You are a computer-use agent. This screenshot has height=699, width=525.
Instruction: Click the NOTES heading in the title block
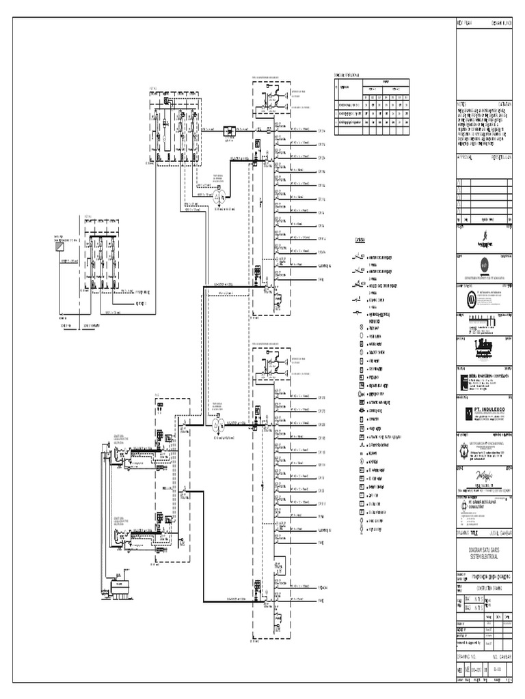pyautogui.click(x=463, y=102)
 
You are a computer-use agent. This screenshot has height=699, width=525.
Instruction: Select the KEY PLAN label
pyautogui.click(x=464, y=23)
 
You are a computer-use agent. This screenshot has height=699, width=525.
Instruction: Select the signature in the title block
pyautogui.click(x=484, y=478)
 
